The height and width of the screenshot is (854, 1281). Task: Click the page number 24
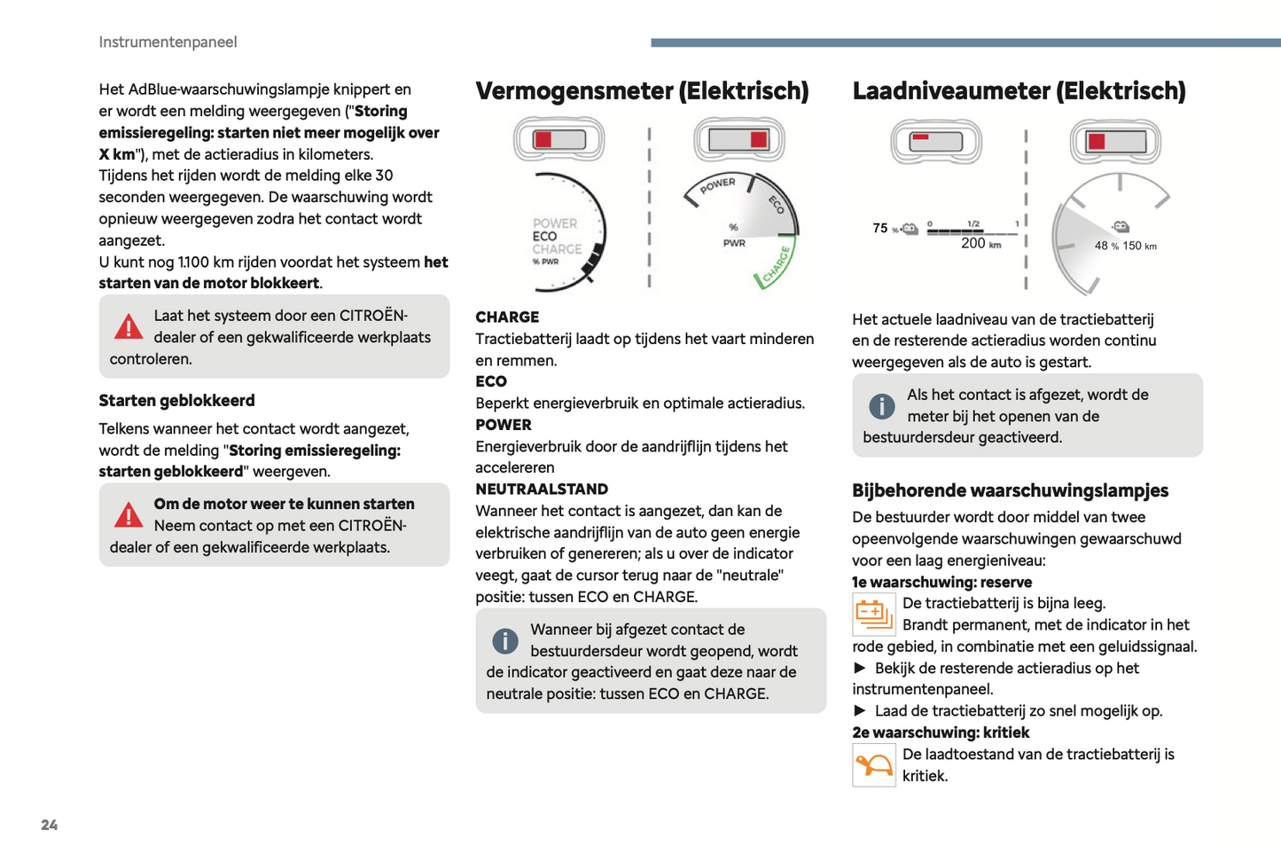click(x=50, y=825)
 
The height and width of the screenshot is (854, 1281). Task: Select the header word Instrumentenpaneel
click(x=168, y=42)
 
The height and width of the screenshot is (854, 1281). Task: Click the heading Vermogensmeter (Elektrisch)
click(x=642, y=90)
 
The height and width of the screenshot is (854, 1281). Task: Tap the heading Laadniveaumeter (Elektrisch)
click(x=1019, y=90)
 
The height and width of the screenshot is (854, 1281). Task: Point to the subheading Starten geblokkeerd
click(x=176, y=400)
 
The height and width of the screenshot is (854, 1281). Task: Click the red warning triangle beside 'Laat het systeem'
click(x=129, y=327)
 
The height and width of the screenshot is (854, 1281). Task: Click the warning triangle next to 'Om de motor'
click(x=129, y=515)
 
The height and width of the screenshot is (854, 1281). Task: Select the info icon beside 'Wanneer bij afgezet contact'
click(x=505, y=640)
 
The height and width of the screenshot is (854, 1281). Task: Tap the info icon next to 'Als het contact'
click(x=882, y=406)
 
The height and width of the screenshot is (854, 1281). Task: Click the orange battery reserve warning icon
click(x=873, y=614)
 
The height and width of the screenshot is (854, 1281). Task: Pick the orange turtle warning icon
click(x=873, y=764)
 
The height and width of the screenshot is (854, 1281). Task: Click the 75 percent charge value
click(x=880, y=228)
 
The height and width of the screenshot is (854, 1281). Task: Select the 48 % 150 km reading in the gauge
click(x=1125, y=246)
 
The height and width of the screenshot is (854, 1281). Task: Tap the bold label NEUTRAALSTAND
click(x=542, y=489)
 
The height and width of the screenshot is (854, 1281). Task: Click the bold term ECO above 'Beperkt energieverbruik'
click(x=491, y=381)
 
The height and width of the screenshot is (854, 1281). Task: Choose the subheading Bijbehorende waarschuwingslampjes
click(x=1010, y=490)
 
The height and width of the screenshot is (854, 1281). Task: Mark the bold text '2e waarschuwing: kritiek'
click(x=941, y=733)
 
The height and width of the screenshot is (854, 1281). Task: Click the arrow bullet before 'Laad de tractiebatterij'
click(x=859, y=710)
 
